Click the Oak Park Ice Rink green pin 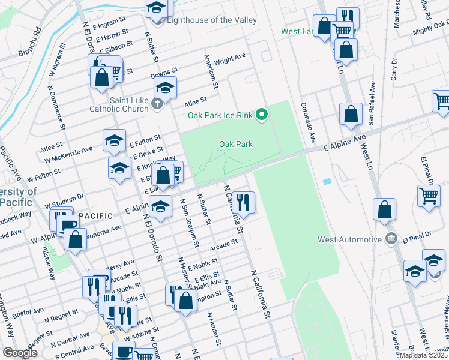pyautogui.click(x=261, y=114)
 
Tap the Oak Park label pyautogui.click(x=235, y=144)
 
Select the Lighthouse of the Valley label pyautogui.click(x=211, y=20)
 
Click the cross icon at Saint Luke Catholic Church pyautogui.click(x=157, y=104)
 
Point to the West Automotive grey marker pyautogui.click(x=391, y=239)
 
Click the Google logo pyautogui.click(x=20, y=352)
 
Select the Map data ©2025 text pyautogui.click(x=423, y=355)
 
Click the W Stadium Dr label pyautogui.click(x=64, y=202)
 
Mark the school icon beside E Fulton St pyautogui.click(x=114, y=141)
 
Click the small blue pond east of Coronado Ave pyautogui.click(x=327, y=181)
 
